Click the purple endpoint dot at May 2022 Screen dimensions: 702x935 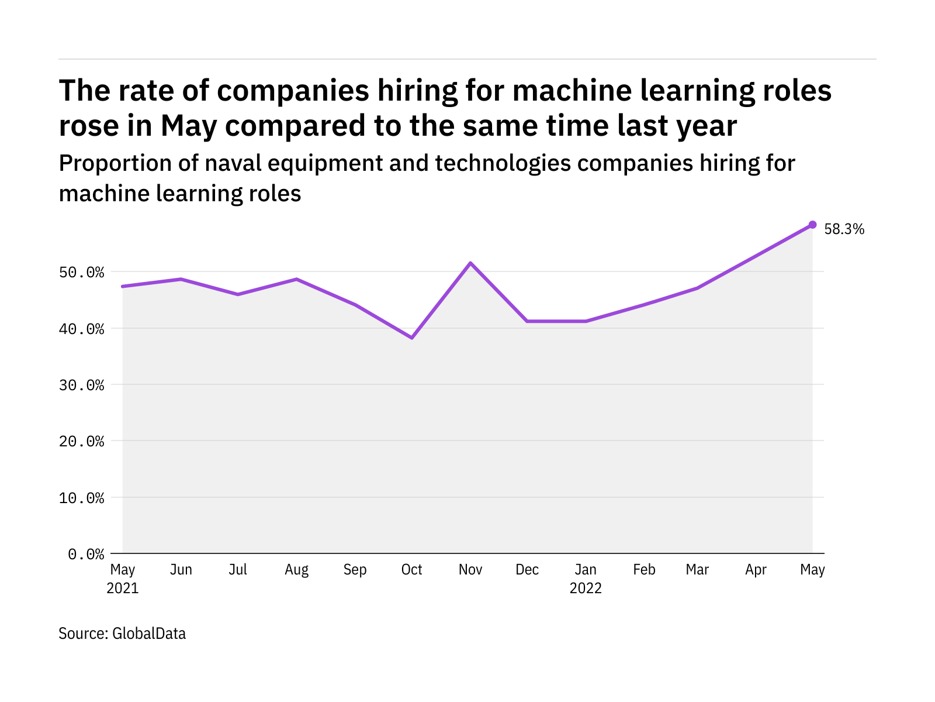click(812, 225)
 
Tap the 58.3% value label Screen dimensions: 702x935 click(844, 229)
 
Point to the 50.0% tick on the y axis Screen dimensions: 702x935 click(86, 273)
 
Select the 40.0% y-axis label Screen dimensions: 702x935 click(86, 329)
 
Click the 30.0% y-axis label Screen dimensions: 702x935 click(86, 385)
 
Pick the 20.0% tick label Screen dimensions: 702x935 click(86, 441)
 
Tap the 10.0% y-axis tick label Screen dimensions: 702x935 click(86, 498)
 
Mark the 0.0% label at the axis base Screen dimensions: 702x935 click(86, 554)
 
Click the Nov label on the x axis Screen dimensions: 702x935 click(470, 570)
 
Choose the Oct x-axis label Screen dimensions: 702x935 click(412, 570)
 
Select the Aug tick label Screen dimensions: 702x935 click(296, 570)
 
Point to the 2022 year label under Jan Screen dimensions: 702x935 click(586, 589)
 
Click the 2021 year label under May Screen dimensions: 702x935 click(123, 589)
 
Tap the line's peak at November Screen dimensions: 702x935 click(470, 263)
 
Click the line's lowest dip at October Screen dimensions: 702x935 click(412, 338)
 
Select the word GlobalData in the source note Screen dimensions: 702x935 click(149, 634)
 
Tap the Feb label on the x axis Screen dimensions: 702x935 click(644, 570)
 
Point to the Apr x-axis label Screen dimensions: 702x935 click(756, 570)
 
